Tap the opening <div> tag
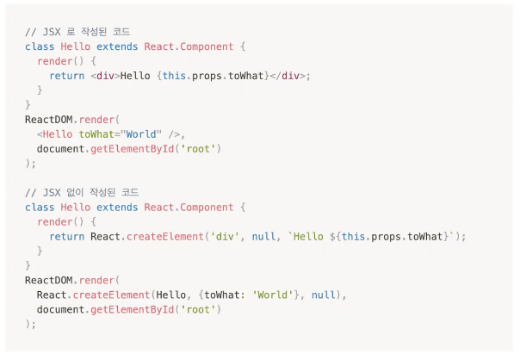pyautogui.click(x=104, y=76)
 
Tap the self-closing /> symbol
pyautogui.click(x=176, y=133)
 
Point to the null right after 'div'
pyautogui.click(x=263, y=236)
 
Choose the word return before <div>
pyautogui.click(x=66, y=76)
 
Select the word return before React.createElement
pyautogui.click(x=66, y=236)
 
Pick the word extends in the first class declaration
pyautogui.click(x=115, y=46)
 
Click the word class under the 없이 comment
pyautogui.click(x=40, y=207)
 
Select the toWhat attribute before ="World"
pyautogui.click(x=97, y=133)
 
